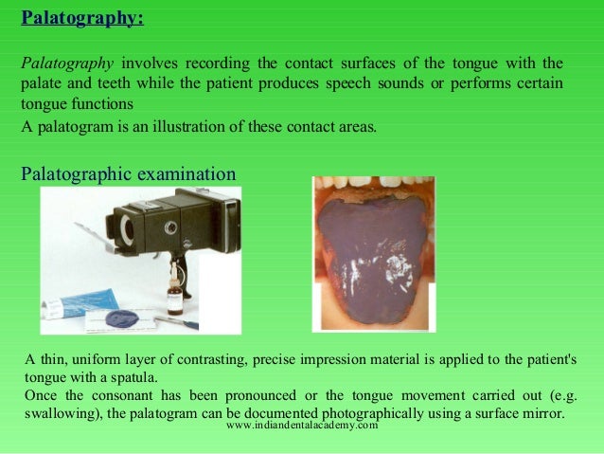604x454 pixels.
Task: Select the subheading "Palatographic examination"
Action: click(x=128, y=174)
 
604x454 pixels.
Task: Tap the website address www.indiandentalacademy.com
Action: click(x=303, y=427)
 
